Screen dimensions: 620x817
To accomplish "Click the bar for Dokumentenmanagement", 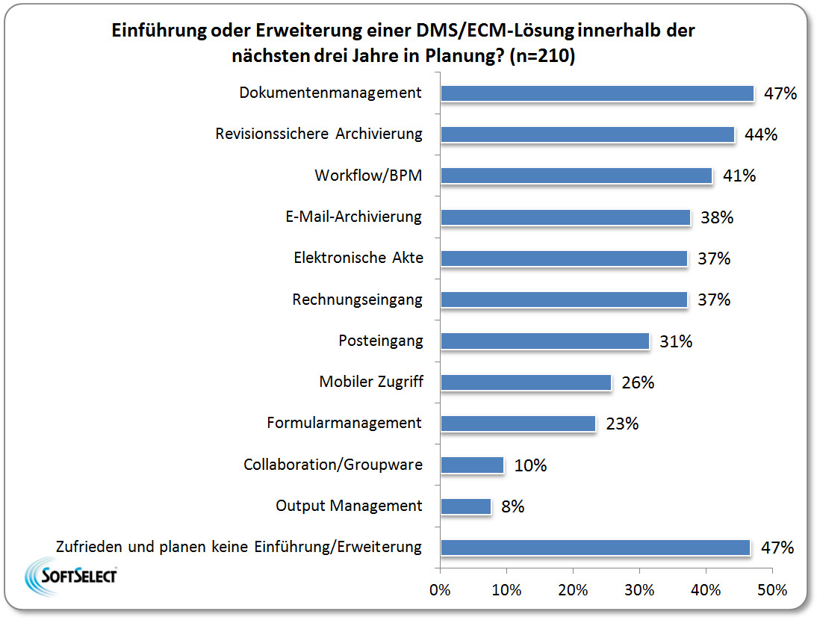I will point(597,93).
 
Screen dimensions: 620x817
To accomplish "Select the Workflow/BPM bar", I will point(577,176).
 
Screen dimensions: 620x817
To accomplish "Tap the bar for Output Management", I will point(466,506).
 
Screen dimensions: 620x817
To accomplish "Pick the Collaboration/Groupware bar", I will point(472,465).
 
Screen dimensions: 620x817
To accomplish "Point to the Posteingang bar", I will point(545,341).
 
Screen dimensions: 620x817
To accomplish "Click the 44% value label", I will point(761,135).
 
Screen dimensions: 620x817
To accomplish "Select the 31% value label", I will point(676,341).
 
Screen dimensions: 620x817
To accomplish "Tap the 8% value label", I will point(512,506).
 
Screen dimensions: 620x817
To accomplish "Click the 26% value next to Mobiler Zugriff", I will point(638,382).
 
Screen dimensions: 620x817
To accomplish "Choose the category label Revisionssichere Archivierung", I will point(319,134).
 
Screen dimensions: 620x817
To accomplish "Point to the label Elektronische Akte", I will point(358,258).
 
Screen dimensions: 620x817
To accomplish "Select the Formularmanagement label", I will point(344,423).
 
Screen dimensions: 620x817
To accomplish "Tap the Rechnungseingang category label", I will point(357,300).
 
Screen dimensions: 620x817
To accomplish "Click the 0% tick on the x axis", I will point(441,590).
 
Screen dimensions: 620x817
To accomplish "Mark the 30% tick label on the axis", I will point(639,590).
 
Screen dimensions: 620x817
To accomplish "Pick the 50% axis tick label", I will point(771,590).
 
